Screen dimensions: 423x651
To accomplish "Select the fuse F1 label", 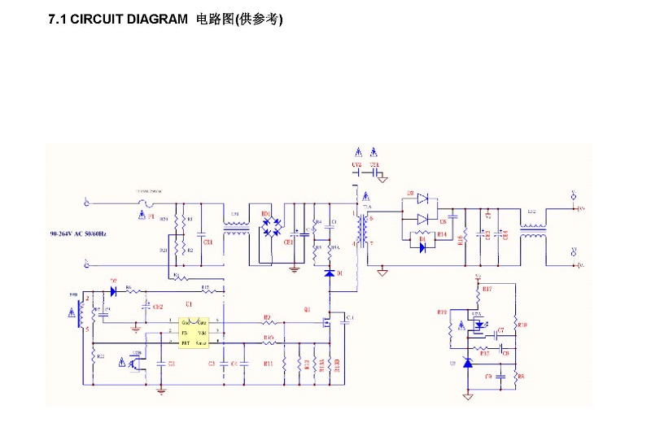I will tap(151, 218).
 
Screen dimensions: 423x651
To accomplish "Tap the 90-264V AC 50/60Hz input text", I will tap(78, 234).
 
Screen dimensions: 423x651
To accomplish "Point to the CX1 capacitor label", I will tap(208, 242).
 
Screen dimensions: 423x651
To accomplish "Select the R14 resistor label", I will tap(442, 234).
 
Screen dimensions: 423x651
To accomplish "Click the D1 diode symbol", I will tap(330, 273).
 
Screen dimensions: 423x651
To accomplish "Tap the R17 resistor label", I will tap(487, 289).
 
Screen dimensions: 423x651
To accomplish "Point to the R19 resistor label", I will tap(442, 312).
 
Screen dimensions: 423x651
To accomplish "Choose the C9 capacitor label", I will tap(487, 377).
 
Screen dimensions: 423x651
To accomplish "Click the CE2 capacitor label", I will tap(158, 307).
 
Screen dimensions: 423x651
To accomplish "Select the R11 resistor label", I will tap(268, 364).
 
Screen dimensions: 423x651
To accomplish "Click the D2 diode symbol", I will tap(113, 290).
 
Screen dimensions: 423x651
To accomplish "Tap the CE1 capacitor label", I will tap(288, 242).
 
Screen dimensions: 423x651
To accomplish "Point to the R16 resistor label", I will tap(461, 239).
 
